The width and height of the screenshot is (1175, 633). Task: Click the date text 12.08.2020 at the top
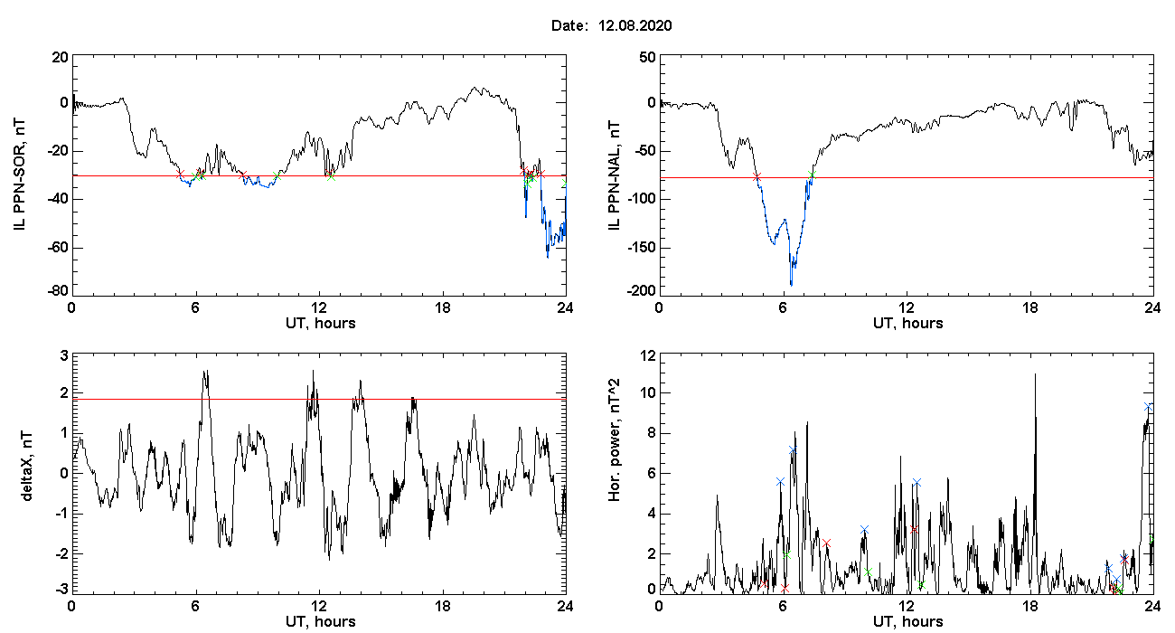coord(634,25)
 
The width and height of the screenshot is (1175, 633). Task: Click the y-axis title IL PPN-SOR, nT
coord(19,175)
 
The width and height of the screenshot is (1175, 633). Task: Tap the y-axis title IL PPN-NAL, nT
coord(614,175)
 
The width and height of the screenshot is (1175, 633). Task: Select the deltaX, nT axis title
coord(27,467)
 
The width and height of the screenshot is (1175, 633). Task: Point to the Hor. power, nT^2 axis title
coord(614,439)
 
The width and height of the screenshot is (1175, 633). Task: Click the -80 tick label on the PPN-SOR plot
coord(58,291)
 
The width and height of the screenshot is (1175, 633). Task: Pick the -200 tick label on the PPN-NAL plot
coord(642,291)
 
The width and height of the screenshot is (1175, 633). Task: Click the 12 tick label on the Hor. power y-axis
coord(648,356)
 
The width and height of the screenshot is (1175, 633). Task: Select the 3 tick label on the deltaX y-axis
coord(64,356)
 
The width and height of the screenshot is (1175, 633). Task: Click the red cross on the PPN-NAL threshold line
coord(757,177)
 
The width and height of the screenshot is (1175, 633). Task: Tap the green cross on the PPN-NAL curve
coord(812,175)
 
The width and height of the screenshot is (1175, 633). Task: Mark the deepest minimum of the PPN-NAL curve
coord(791,285)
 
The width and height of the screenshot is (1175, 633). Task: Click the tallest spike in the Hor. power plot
coord(1035,373)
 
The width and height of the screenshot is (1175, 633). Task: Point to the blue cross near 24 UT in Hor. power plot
coord(1148,407)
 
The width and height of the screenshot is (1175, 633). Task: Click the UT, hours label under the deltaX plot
coord(321,622)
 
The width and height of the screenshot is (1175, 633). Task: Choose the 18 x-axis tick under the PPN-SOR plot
coord(443,308)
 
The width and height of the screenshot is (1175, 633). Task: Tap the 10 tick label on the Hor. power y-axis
coord(648,393)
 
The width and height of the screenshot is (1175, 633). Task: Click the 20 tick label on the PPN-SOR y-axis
coord(61,57)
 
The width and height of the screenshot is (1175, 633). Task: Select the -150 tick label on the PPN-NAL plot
coord(642,248)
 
